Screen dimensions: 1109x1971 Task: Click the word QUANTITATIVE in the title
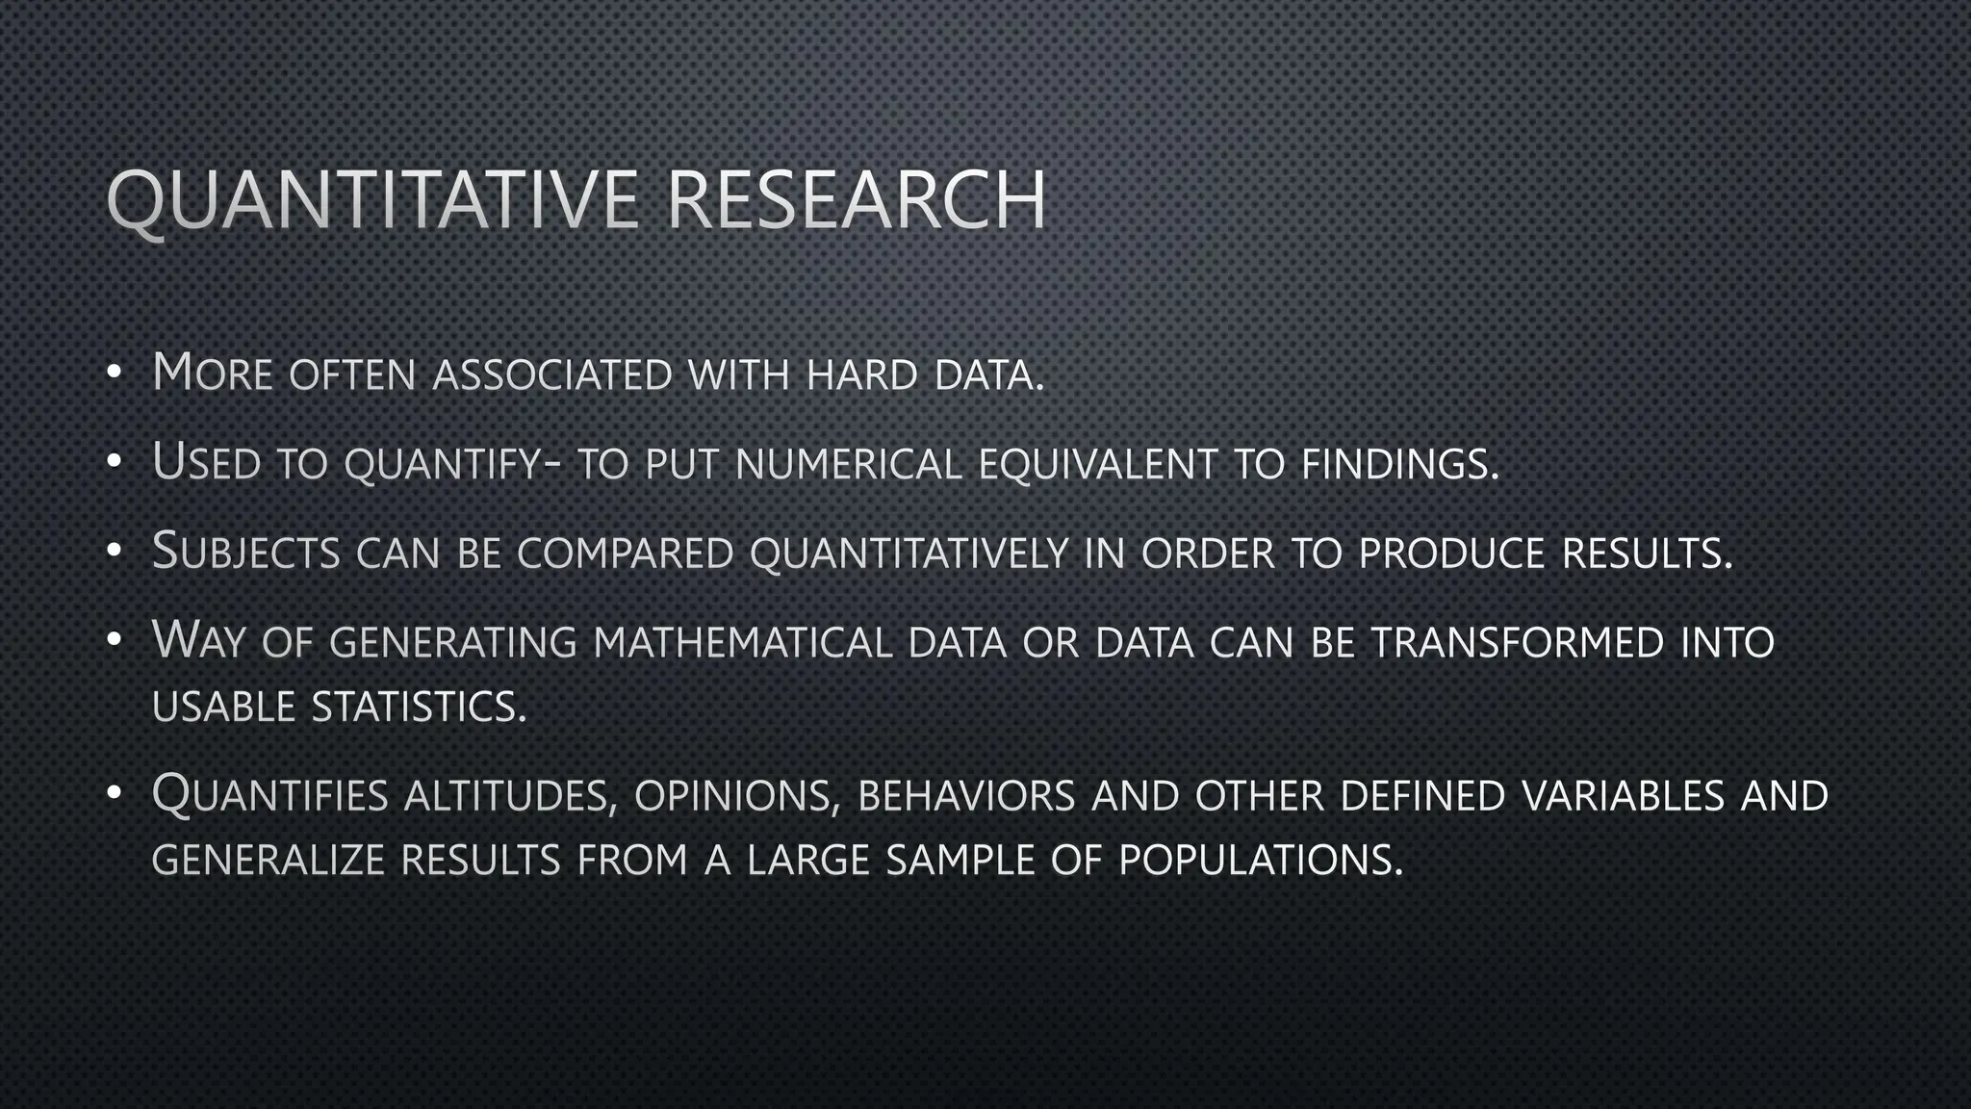coord(371,200)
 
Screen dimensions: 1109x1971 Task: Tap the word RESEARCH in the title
coord(856,200)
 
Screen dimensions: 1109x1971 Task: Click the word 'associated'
coord(552,374)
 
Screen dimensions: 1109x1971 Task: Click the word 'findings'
coord(1399,464)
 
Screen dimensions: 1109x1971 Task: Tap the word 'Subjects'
coord(246,553)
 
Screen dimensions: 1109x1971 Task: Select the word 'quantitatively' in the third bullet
coord(909,554)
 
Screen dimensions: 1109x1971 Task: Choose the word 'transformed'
coord(1518,642)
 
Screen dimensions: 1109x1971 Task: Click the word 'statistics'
coord(419,707)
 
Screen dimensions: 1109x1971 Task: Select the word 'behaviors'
coord(965,796)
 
